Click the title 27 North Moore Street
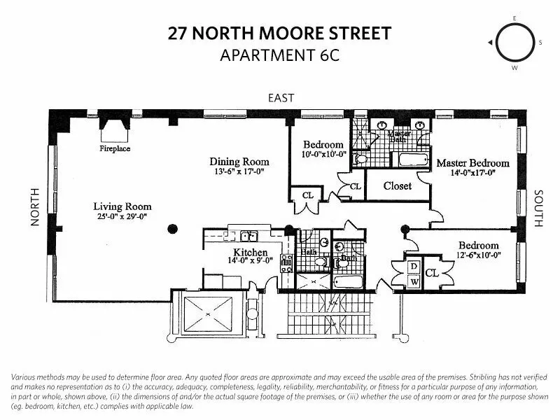pyautogui.click(x=279, y=33)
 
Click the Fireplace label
pyautogui.click(x=115, y=148)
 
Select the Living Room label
pyautogui.click(x=122, y=206)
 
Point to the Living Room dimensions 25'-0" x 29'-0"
pyautogui.click(x=122, y=217)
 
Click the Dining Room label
pyautogui.click(x=241, y=161)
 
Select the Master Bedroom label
pyautogui.click(x=472, y=163)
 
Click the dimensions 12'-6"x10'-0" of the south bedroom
pyautogui.click(x=479, y=255)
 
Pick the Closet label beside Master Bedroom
pyautogui.click(x=398, y=186)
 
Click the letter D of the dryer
pyautogui.click(x=414, y=267)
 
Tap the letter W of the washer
pyautogui.click(x=414, y=282)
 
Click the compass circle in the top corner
pyautogui.click(x=515, y=43)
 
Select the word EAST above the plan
pyautogui.click(x=281, y=98)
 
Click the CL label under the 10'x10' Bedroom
pyautogui.click(x=307, y=195)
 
